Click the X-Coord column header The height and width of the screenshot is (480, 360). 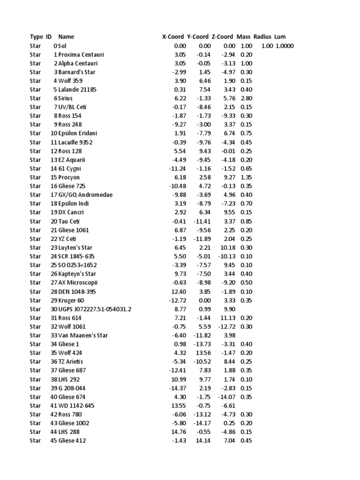[172, 37]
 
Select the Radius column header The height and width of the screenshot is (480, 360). [262, 37]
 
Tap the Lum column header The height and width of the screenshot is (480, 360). [280, 37]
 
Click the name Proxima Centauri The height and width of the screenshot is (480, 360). [81, 54]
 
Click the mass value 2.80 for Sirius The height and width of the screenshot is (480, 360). [246, 98]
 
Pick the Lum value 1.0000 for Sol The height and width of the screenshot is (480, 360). [285, 46]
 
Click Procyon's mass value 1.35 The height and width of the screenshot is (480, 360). [246, 177]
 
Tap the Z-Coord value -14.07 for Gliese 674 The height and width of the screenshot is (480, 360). [226, 397]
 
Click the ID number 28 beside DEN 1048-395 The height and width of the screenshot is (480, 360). [53, 292]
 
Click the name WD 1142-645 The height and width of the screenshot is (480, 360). [76, 405]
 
